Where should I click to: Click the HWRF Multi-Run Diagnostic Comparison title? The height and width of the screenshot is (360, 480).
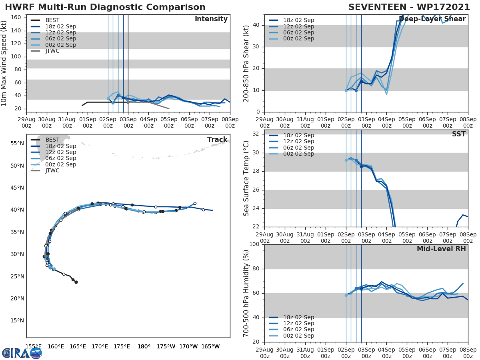pos(105,7)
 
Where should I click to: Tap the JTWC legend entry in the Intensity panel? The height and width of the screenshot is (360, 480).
pos(52,51)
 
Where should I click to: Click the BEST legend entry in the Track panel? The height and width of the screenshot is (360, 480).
pos(52,140)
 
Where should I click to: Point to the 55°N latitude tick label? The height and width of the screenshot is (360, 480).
pos(16,143)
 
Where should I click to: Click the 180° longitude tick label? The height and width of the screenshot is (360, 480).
pos(144,346)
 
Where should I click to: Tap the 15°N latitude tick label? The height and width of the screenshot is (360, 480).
pos(16,320)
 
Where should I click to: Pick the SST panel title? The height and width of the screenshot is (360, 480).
pos(459,134)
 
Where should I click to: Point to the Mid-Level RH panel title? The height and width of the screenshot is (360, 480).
pos(441,249)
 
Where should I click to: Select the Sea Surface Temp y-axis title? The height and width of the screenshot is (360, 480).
pos(246,178)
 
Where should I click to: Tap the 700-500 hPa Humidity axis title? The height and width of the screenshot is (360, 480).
pos(246,293)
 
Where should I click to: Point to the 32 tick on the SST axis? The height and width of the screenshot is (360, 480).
pos(256,134)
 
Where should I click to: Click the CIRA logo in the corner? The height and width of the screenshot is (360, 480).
pos(22,353)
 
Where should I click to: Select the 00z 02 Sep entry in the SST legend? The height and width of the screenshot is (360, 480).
pos(298,154)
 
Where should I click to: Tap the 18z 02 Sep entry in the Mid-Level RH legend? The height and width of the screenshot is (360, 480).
pos(298,317)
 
